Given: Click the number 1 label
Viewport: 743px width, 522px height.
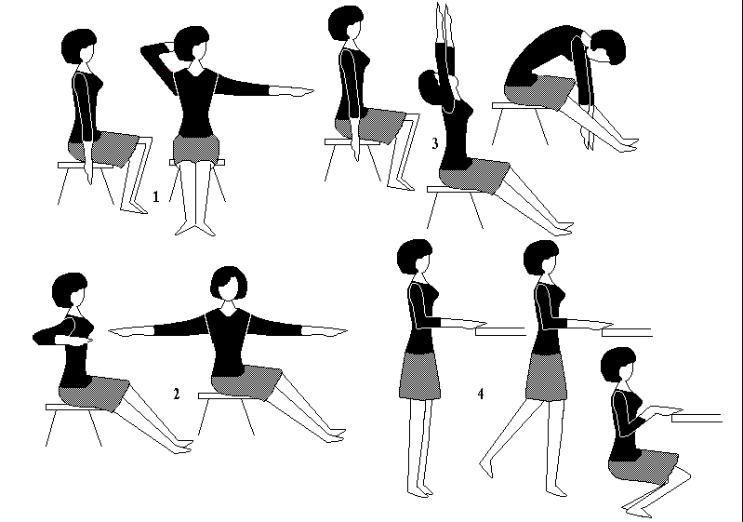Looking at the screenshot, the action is click(156, 196).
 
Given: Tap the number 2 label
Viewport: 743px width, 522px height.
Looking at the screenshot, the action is click(177, 394).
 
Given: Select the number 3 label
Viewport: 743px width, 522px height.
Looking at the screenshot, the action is click(435, 143).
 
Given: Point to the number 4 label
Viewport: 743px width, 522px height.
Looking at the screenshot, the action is click(481, 394).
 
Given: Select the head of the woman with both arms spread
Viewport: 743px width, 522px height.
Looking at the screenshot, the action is click(229, 284).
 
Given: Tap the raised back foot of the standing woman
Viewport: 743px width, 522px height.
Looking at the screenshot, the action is click(486, 467).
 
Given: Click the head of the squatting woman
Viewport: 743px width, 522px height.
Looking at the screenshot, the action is click(618, 365).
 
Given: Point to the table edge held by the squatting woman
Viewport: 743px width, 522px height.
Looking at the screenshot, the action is click(697, 418).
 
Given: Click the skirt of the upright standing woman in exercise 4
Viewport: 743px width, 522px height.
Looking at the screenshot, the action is click(419, 376).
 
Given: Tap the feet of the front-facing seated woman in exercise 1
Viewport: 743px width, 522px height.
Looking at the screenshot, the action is click(194, 230).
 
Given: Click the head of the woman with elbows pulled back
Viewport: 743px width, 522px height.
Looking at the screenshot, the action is click(69, 290).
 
